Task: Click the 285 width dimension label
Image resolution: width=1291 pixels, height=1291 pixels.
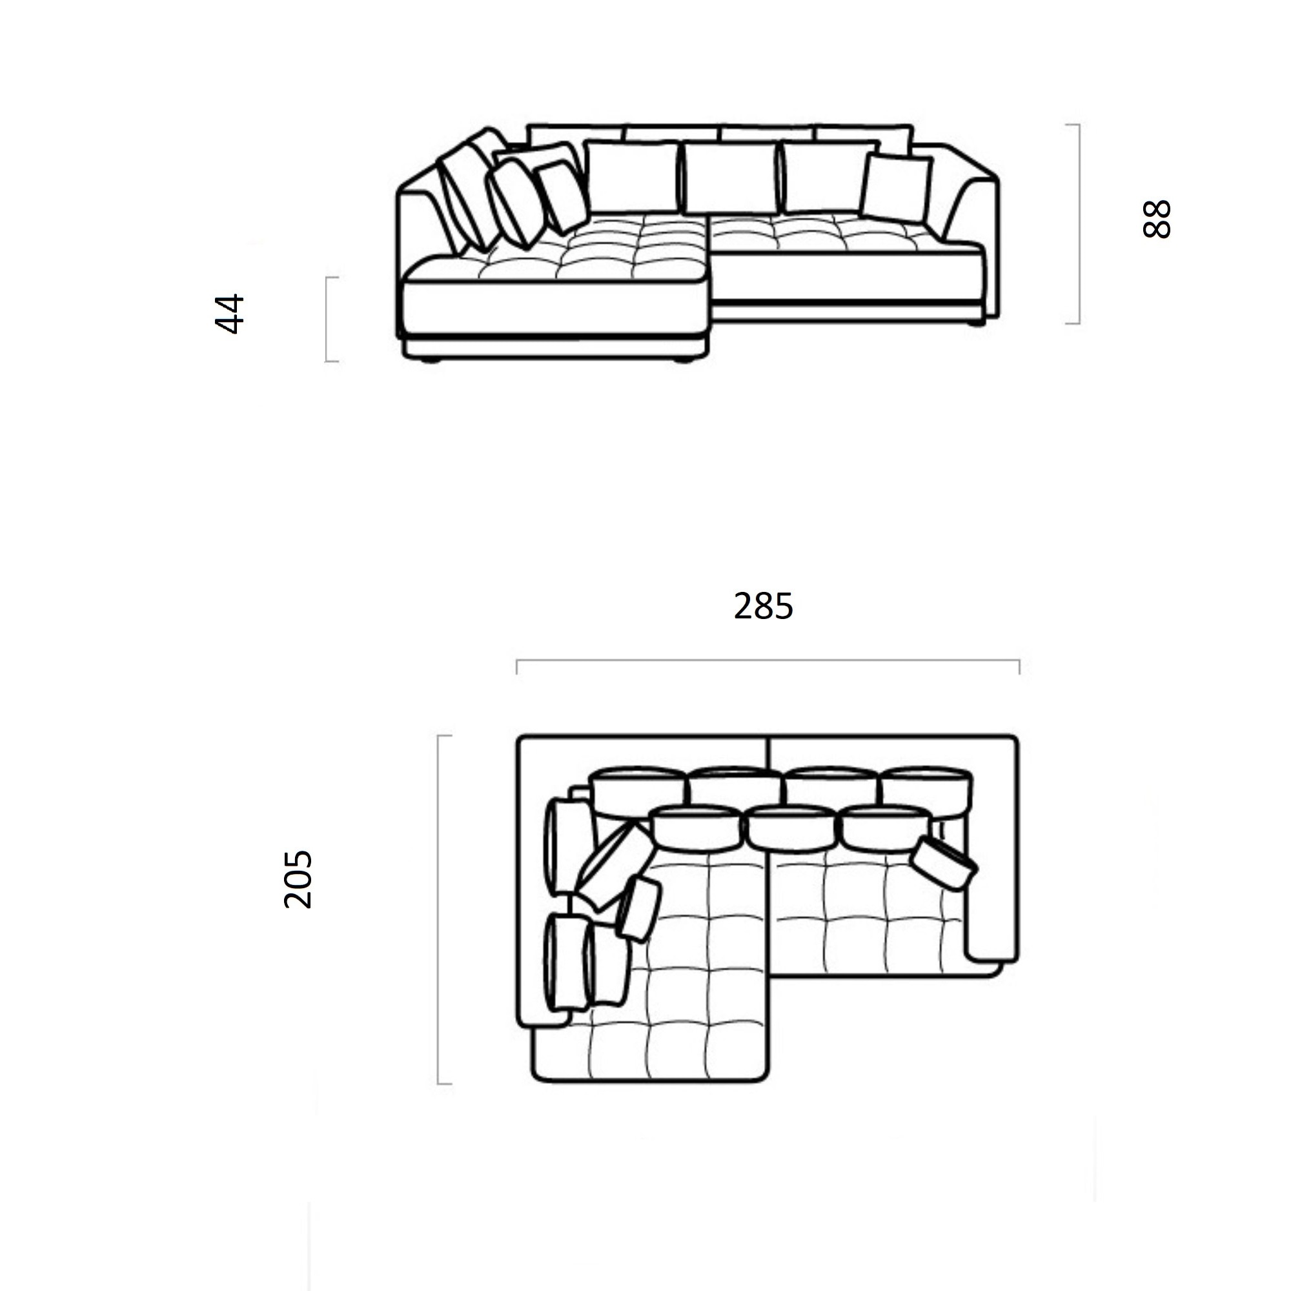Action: tap(763, 607)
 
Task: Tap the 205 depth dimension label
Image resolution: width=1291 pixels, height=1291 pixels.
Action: tap(298, 879)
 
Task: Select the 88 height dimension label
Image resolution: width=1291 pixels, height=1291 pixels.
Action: tap(1156, 219)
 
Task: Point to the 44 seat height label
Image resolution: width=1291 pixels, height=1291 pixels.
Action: tap(230, 314)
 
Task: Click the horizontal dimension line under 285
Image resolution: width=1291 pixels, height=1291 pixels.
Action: tap(767, 661)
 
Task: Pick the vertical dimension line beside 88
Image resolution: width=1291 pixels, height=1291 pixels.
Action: tap(1079, 224)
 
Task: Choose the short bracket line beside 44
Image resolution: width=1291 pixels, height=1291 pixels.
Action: tap(326, 320)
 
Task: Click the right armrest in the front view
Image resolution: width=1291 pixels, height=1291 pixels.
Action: tap(972, 230)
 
